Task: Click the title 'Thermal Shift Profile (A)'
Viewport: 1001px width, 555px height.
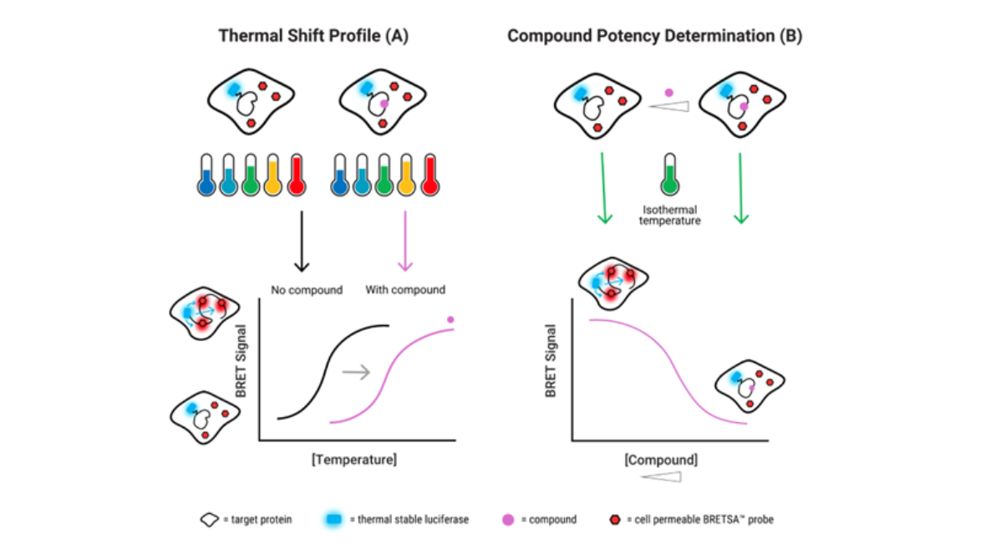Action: point(313,36)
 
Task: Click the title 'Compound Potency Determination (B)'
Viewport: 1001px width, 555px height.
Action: point(655,36)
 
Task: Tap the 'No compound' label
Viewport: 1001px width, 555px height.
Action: point(307,290)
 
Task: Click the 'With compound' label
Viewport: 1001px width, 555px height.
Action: point(405,290)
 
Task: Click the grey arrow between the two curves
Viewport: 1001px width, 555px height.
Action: point(357,373)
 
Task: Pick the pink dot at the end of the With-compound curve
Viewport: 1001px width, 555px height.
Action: point(451,319)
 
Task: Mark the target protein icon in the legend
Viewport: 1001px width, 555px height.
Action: point(209,520)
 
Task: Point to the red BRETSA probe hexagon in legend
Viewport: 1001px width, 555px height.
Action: point(616,520)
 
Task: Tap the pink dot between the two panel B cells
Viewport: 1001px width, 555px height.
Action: point(668,91)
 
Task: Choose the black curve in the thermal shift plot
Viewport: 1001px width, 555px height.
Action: point(330,368)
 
